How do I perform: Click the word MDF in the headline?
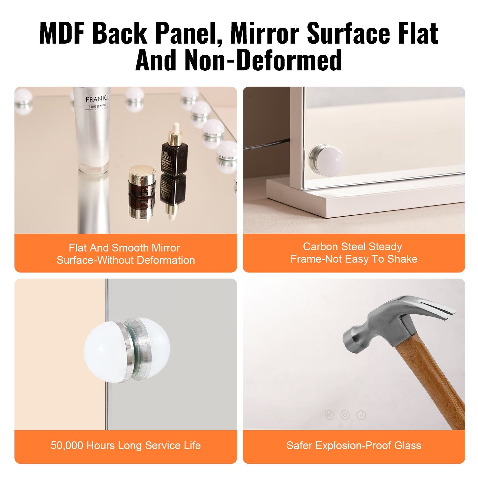(x=63, y=33)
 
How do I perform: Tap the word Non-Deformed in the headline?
(x=263, y=61)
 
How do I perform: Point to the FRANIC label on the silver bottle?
(x=96, y=99)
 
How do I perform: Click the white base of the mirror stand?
(x=364, y=198)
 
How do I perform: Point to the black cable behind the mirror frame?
(x=268, y=144)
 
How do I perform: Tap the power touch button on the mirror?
(x=345, y=415)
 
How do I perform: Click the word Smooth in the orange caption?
(x=130, y=248)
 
